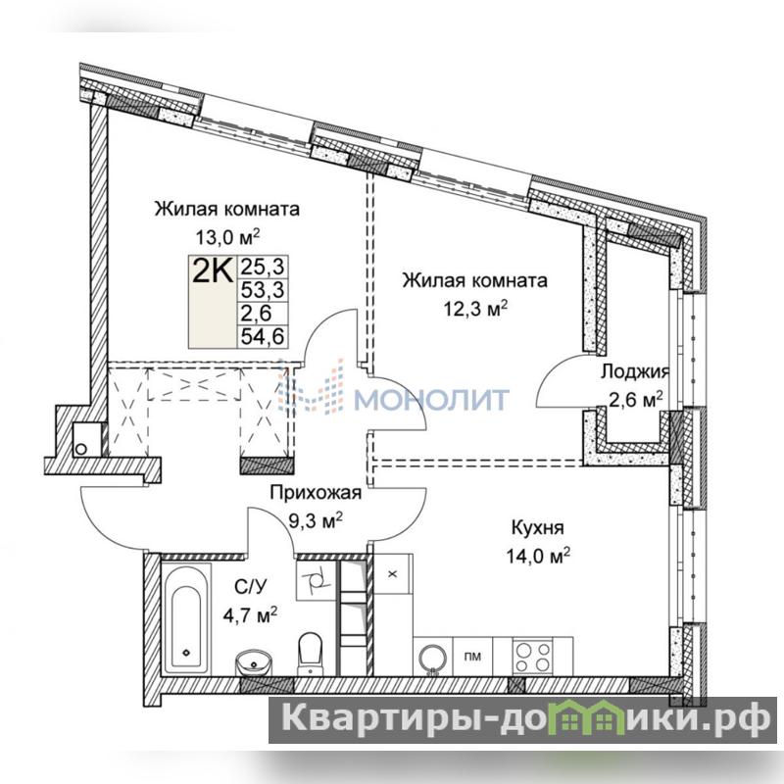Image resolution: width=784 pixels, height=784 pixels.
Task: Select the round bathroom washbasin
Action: tap(254, 662)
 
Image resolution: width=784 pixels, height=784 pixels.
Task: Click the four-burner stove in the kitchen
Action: tap(533, 657)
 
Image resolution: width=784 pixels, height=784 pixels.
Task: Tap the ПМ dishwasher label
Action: tap(472, 657)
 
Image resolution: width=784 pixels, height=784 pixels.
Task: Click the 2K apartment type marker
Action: tap(213, 271)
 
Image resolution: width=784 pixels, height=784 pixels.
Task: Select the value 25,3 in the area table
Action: tap(263, 267)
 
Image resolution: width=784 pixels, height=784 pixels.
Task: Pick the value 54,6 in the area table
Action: tap(263, 336)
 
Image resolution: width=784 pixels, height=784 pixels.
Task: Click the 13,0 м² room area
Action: tap(227, 235)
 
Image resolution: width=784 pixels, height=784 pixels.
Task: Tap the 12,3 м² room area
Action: tap(475, 309)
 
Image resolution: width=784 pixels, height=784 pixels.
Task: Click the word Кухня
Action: tap(537, 527)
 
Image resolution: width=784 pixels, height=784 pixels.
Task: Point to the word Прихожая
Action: tap(316, 493)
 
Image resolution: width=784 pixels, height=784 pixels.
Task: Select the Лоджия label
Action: tap(635, 371)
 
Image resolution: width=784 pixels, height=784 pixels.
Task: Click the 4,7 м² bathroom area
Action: tap(250, 614)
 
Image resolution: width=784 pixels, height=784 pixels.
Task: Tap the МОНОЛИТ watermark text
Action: tap(432, 399)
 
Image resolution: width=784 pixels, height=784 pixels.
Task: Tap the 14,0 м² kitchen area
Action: tap(538, 556)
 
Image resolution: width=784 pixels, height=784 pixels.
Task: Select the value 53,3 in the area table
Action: tap(263, 289)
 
